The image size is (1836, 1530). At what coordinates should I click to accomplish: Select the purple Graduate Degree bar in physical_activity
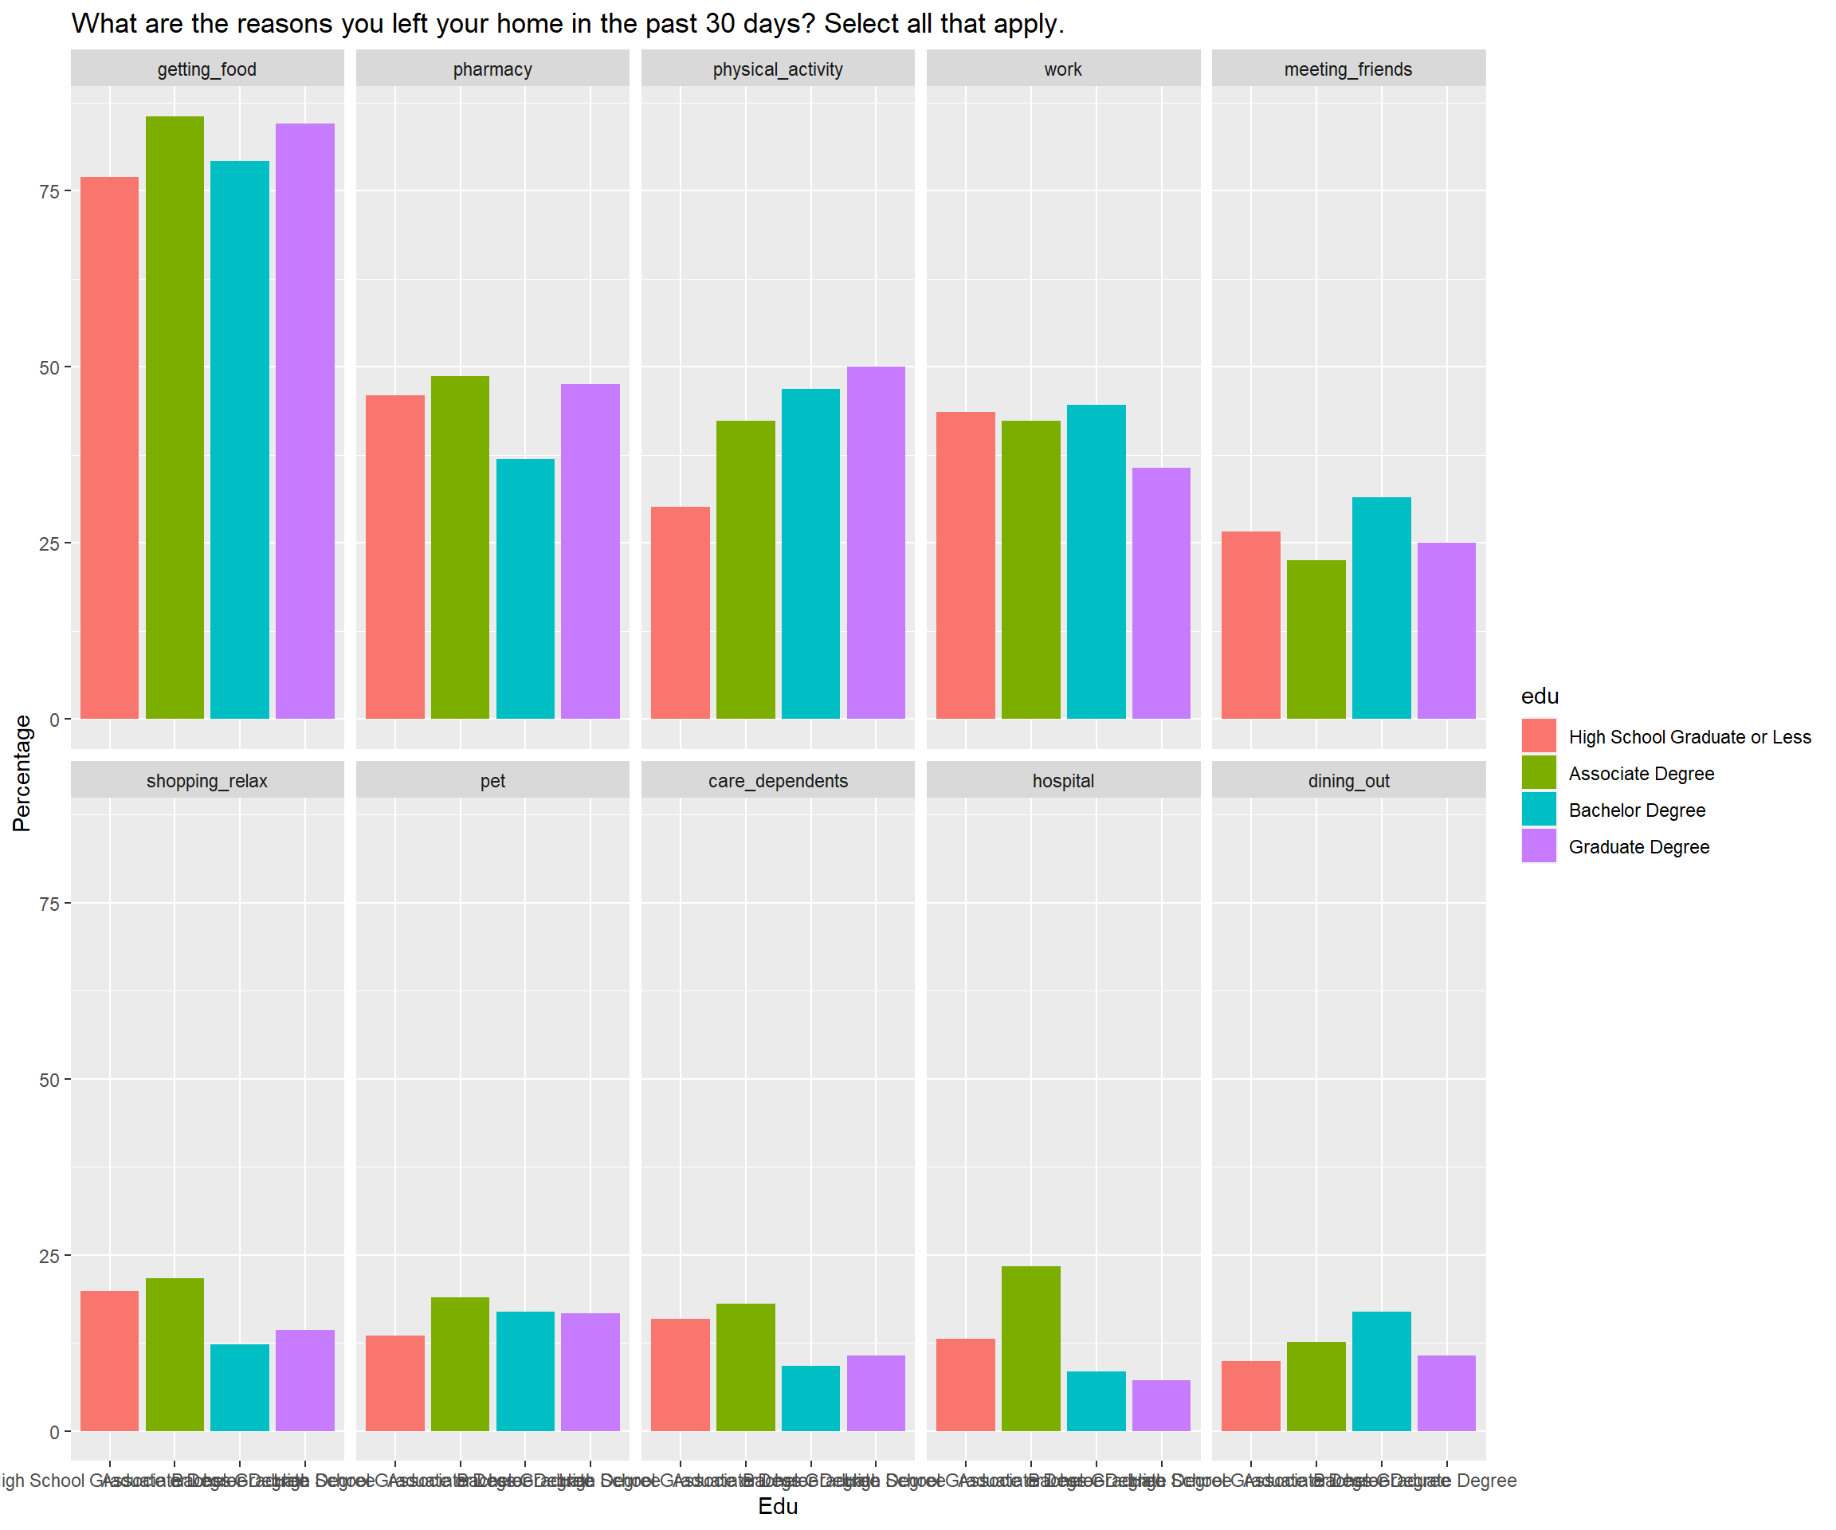click(875, 542)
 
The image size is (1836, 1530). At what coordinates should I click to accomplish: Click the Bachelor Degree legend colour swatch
click(1539, 810)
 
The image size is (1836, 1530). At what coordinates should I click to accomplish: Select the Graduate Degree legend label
click(1638, 847)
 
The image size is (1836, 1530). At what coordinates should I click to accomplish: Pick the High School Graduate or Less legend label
click(1689, 737)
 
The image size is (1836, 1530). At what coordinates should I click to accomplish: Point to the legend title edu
click(1540, 696)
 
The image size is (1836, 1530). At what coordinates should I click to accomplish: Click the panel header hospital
click(1062, 781)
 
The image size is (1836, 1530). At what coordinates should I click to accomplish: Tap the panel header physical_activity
click(777, 69)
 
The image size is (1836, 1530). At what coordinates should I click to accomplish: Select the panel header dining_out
click(1348, 781)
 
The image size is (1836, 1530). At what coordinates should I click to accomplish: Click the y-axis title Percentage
click(22, 773)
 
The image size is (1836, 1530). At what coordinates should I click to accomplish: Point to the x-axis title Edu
click(777, 1505)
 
